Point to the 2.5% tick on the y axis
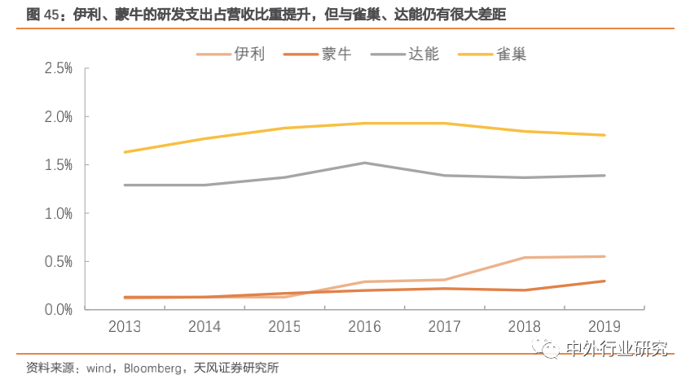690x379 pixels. pyautogui.click(x=58, y=69)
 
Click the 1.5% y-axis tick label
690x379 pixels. pyautogui.click(x=58, y=165)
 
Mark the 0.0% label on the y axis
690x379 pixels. pyautogui.click(x=58, y=310)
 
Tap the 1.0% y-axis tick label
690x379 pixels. pyautogui.click(x=58, y=213)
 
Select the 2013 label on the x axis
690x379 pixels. pyautogui.click(x=125, y=326)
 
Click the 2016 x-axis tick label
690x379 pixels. pyautogui.click(x=364, y=326)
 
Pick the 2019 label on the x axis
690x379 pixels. pyautogui.click(x=604, y=326)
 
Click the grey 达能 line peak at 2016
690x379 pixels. pyautogui.click(x=364, y=163)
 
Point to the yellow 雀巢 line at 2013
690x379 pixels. pyautogui.click(x=125, y=152)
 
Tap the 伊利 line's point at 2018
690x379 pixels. pyautogui.click(x=524, y=258)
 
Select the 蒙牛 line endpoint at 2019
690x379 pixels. pyautogui.click(x=604, y=281)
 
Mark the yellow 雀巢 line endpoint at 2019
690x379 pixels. pyautogui.click(x=604, y=135)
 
